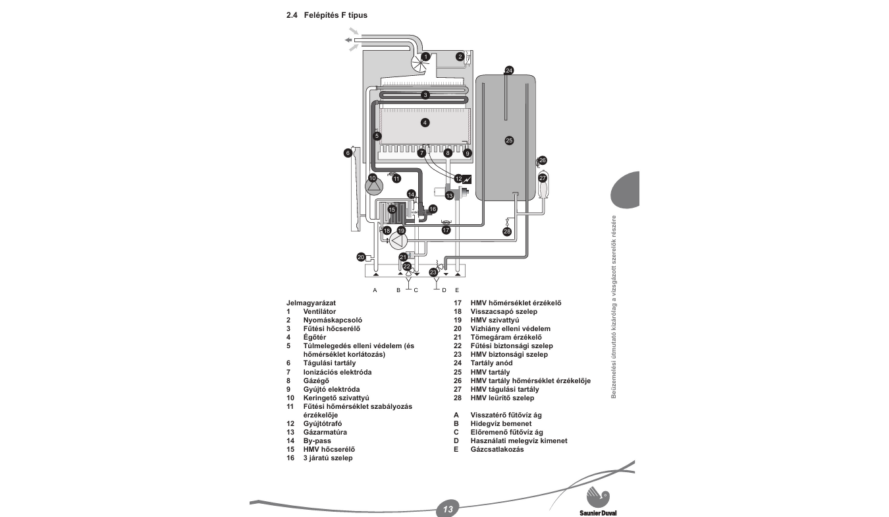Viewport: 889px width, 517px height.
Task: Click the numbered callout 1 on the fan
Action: point(425,57)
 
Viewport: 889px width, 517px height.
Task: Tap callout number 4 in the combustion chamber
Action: point(425,123)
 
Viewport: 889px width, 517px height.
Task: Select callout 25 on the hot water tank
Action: point(508,140)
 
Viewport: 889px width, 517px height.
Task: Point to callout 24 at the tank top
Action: point(508,70)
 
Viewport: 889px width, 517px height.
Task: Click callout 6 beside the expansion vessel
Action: point(348,153)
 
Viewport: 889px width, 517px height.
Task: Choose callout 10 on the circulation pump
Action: point(373,178)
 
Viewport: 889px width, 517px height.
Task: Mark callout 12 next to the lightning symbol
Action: point(458,178)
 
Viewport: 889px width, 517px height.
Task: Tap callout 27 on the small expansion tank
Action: point(543,178)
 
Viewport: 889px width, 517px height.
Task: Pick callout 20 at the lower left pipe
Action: point(361,257)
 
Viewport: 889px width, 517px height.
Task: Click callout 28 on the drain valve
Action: point(507,231)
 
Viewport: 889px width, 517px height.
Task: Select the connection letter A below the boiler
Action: point(375,290)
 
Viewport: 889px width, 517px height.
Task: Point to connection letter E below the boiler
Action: point(456,290)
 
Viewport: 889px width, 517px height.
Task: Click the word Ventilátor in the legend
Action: point(319,311)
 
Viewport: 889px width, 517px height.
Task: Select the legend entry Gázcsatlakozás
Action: point(497,450)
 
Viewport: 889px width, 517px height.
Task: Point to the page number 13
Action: point(448,509)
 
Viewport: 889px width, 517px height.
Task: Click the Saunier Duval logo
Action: point(599,501)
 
